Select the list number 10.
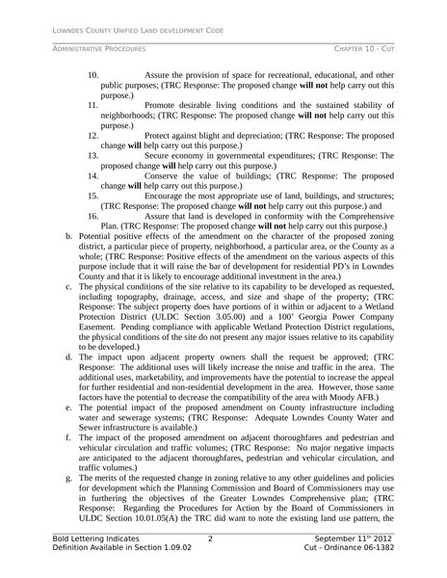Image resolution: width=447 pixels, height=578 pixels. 93,74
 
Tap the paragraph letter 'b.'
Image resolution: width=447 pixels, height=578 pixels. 68,236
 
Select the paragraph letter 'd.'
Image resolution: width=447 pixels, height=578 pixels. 68,356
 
